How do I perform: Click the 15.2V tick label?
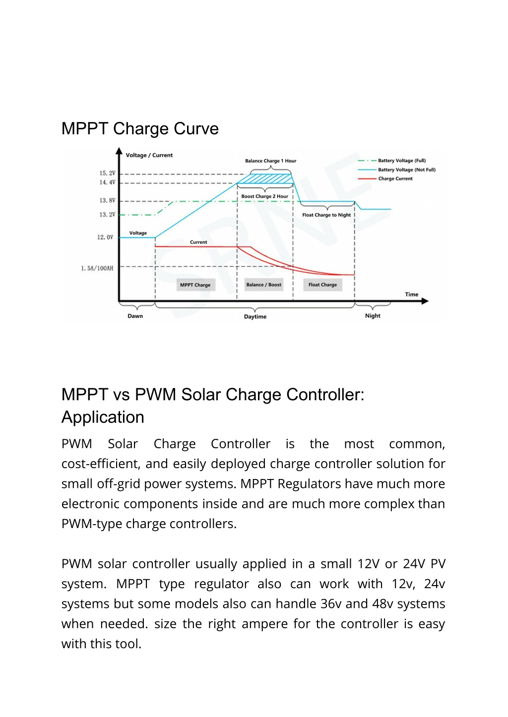tap(107, 173)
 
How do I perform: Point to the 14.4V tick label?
tap(107, 182)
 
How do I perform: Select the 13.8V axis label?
tap(107, 201)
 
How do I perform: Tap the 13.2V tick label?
tap(107, 215)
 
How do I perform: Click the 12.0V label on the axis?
tap(105, 238)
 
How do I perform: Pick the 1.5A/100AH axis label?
tap(97, 268)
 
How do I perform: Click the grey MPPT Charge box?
tap(195, 285)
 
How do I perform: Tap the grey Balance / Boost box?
tap(263, 285)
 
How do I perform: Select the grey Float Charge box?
tap(322, 285)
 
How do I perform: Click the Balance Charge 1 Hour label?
tap(271, 161)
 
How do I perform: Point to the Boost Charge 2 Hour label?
tap(264, 196)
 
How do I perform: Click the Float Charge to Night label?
tap(326, 215)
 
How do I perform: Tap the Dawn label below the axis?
tap(135, 316)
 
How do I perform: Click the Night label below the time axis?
tap(373, 315)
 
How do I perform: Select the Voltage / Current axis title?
tap(149, 155)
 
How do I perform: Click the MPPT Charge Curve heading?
tap(140, 129)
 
